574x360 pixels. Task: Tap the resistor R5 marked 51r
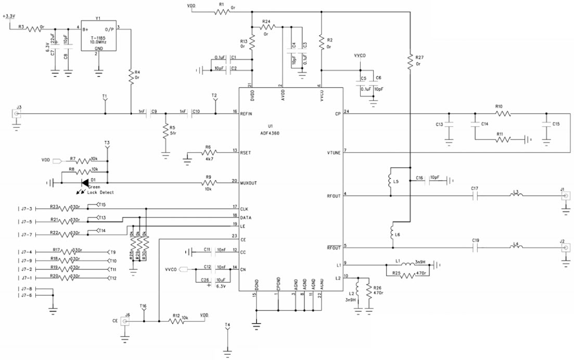tap(165, 129)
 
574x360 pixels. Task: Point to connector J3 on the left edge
tap(17, 113)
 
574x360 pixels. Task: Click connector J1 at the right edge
tap(566, 196)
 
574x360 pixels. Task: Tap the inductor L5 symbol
tap(390, 181)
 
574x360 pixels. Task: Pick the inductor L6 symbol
tap(390, 233)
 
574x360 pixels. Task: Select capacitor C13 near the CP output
tap(448, 125)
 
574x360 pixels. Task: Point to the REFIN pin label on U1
tap(247, 113)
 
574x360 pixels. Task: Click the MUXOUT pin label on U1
tap(249, 183)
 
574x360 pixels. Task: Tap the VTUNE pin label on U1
tap(334, 152)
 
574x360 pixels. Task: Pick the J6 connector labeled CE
tap(125, 321)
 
